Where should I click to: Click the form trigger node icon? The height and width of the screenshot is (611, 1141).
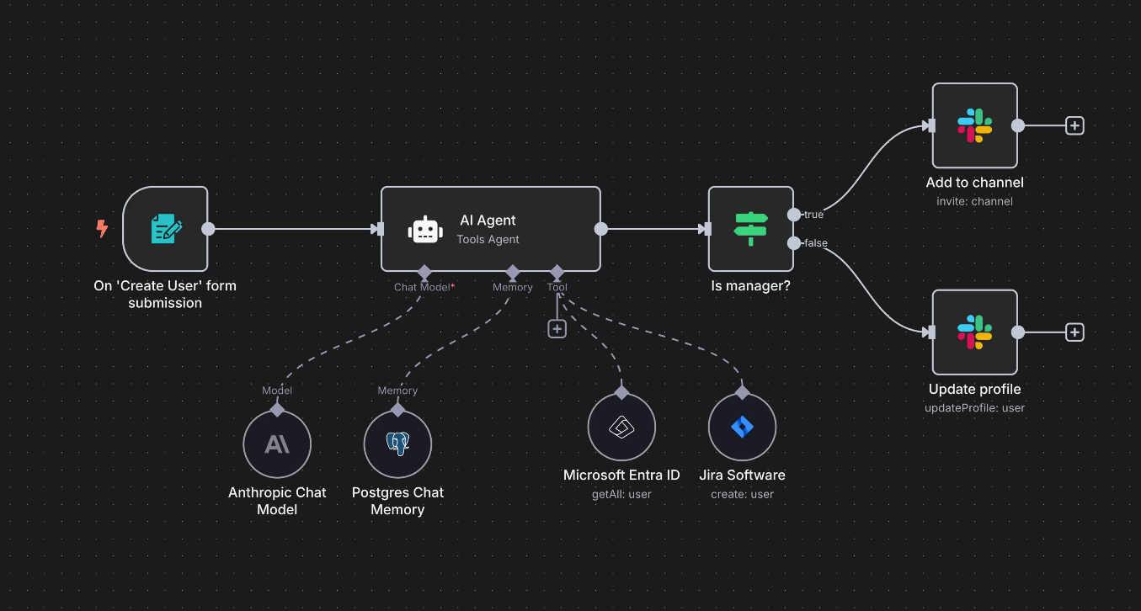pos(165,229)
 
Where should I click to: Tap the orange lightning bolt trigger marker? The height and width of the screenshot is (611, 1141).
pos(102,228)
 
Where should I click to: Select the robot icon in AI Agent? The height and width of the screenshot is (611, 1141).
pos(424,230)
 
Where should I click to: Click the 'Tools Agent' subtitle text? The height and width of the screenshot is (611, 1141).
pos(488,239)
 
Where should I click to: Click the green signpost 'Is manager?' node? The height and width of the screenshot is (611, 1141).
pos(750,229)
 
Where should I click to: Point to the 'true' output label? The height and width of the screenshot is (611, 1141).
pos(813,215)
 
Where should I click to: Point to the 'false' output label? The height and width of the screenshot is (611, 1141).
pos(815,243)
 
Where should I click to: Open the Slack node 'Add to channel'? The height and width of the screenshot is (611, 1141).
pos(974,125)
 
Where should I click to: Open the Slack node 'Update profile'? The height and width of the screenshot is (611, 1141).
pos(974,332)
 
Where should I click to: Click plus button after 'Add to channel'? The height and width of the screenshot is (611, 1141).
pos(1074,125)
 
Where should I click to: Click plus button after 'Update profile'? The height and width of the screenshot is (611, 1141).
pos(1074,332)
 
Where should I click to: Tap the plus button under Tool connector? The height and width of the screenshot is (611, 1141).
pos(557,329)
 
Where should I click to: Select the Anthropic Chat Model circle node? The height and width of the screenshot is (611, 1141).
pos(277,444)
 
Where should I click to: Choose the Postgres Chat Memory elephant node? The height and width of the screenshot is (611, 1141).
pos(397,444)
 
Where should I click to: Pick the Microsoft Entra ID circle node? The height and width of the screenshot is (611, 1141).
pos(621,427)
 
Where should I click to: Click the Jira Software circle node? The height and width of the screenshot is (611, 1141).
pos(742,427)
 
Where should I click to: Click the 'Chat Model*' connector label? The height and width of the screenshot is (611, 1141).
pos(424,287)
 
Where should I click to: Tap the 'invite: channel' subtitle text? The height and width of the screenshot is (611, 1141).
pos(974,201)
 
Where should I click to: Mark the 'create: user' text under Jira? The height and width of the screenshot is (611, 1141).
pos(742,494)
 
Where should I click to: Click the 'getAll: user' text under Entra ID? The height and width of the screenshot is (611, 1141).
pos(621,494)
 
